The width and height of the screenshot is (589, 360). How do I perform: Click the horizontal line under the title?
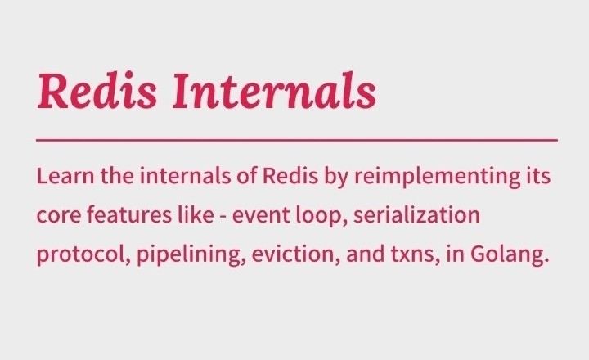pyautogui.click(x=297, y=140)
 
